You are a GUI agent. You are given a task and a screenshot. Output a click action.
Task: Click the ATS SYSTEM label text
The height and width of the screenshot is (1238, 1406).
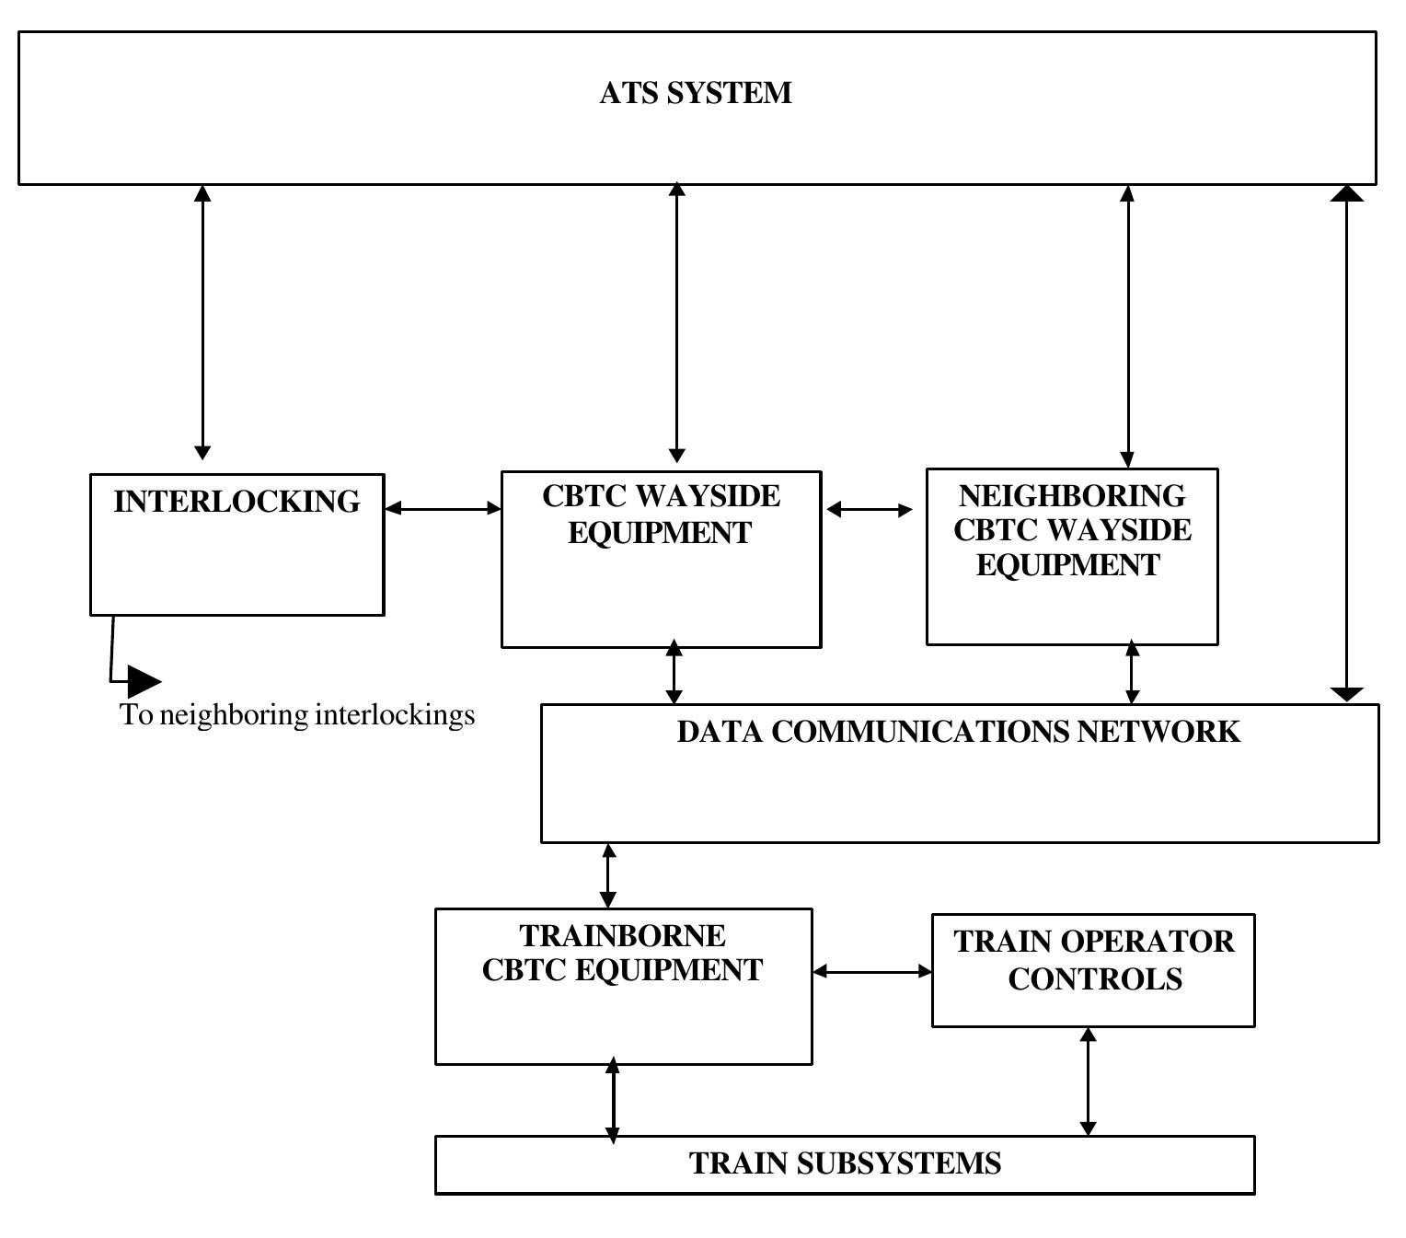695,93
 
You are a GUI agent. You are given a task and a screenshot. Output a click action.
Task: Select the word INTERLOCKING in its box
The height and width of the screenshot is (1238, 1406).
236,502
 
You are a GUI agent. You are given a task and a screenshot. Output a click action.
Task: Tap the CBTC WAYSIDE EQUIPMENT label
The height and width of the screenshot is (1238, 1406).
661,514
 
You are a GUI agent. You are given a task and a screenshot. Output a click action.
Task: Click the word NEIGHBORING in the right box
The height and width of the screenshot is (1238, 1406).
1072,496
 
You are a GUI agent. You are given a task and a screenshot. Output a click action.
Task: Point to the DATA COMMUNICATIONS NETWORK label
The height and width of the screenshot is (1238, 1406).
958,732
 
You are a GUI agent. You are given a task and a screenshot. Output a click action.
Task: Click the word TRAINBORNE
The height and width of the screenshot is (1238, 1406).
623,936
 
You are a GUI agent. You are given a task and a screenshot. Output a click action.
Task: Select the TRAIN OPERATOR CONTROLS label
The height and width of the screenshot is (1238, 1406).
1093,960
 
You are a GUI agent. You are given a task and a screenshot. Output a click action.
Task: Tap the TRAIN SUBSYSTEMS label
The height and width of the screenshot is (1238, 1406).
845,1163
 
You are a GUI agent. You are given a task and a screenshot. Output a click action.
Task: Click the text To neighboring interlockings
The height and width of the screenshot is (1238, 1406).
297,715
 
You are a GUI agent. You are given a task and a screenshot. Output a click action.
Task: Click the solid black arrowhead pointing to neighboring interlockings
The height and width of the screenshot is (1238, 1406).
144,681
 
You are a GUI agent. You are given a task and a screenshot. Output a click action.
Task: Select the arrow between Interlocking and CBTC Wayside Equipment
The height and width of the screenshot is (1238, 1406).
443,508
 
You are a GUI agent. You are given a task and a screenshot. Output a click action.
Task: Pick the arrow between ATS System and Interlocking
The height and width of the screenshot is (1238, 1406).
203,322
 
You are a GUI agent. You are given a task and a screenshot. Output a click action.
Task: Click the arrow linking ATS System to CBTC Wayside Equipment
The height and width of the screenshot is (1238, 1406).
676,322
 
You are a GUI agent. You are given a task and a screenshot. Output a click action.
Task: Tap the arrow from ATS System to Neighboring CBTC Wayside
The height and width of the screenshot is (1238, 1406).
1128,327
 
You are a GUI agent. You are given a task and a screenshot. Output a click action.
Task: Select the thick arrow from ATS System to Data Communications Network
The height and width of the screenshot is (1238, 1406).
1347,442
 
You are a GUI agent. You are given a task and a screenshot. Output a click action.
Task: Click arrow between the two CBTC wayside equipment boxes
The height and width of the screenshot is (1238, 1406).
870,509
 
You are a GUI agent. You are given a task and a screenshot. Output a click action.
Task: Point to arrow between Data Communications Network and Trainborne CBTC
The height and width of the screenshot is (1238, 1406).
608,875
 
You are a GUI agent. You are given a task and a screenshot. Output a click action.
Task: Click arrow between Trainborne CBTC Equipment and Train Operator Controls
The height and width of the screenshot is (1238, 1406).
872,971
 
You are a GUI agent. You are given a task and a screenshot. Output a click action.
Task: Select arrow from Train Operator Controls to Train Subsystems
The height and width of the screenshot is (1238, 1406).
1088,1082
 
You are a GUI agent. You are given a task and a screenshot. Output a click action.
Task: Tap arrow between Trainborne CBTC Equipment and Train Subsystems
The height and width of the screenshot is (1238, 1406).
613,1101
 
